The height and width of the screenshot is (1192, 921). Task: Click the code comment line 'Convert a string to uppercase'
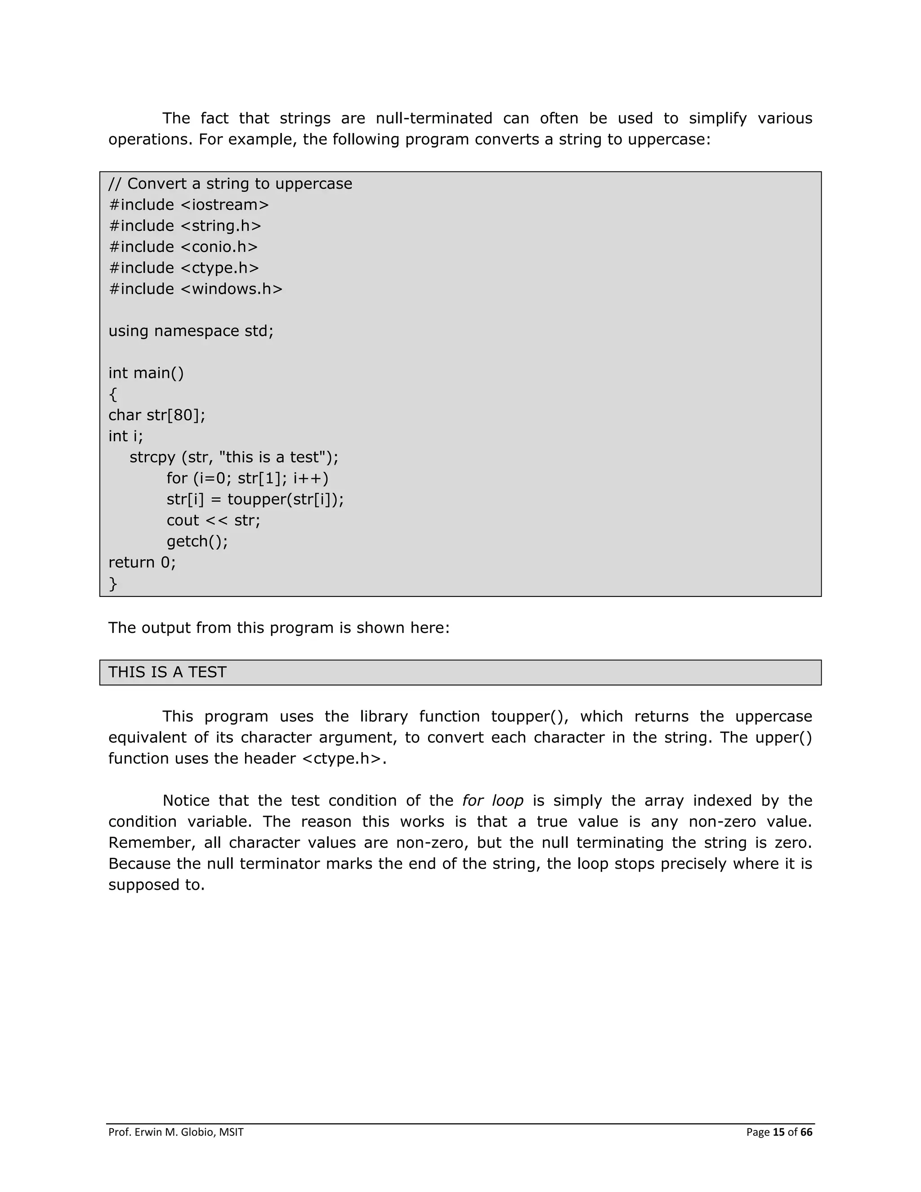pyautogui.click(x=230, y=184)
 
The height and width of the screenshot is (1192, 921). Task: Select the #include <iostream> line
pyautogui.click(x=189, y=205)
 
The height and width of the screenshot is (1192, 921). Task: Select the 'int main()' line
pyautogui.click(x=146, y=373)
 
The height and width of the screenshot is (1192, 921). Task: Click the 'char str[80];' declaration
pyautogui.click(x=157, y=415)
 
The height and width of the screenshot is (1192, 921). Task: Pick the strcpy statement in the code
pyautogui.click(x=234, y=457)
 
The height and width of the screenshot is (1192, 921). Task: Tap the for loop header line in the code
pyautogui.click(x=248, y=479)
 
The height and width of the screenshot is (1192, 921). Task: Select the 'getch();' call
pyautogui.click(x=197, y=542)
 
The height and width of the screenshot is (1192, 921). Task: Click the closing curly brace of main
pyautogui.click(x=113, y=584)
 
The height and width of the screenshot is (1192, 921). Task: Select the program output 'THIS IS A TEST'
pyautogui.click(x=167, y=672)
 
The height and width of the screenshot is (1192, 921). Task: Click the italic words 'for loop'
pyautogui.click(x=493, y=801)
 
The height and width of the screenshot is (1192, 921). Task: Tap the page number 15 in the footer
pyautogui.click(x=778, y=1132)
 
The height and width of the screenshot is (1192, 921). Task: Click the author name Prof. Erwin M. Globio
pyautogui.click(x=176, y=1132)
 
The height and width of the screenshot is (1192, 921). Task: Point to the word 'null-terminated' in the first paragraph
pyautogui.click(x=434, y=118)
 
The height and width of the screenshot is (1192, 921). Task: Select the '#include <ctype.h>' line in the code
pyautogui.click(x=184, y=269)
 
